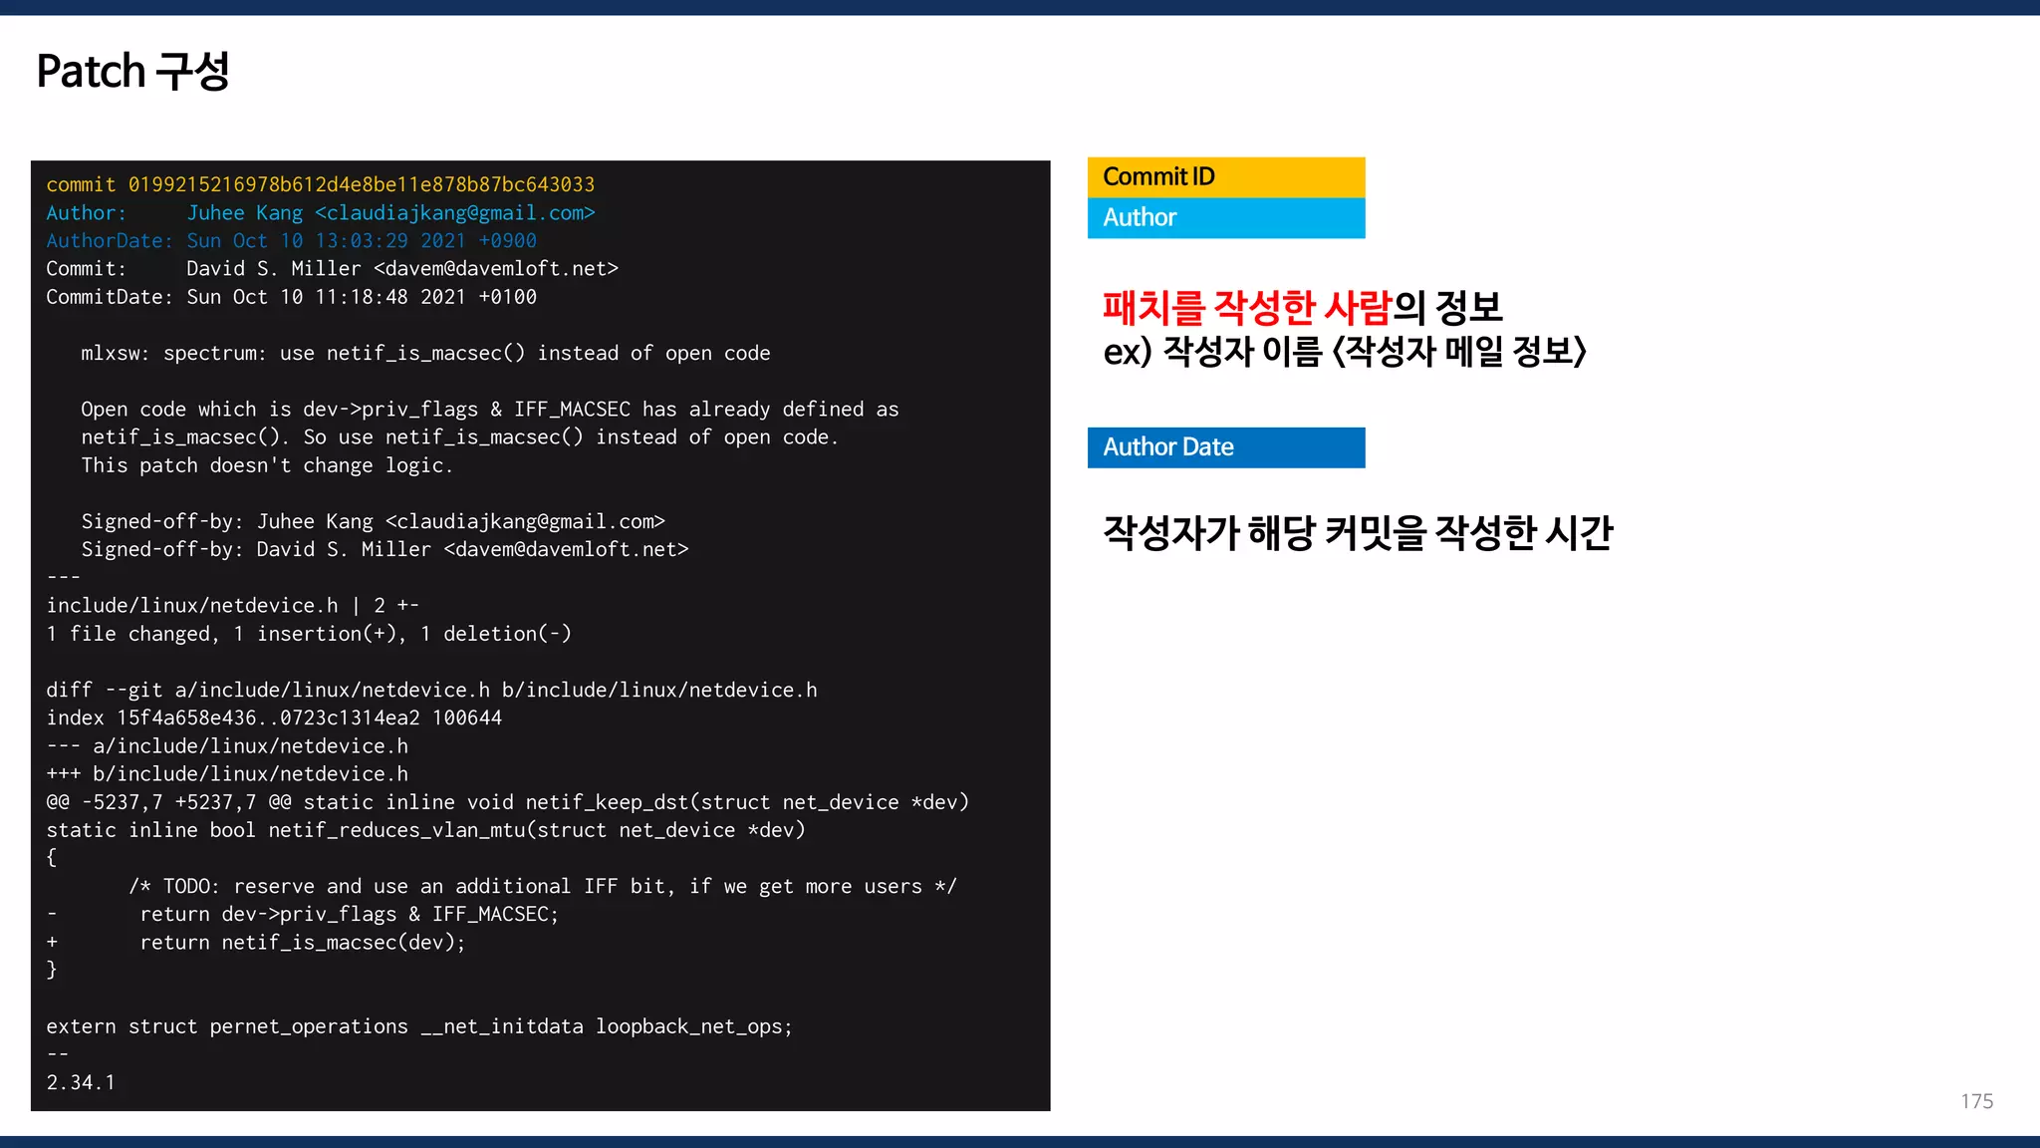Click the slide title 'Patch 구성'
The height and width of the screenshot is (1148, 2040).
click(132, 72)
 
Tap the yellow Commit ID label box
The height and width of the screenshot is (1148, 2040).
click(1225, 177)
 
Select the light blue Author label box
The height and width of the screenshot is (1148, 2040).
click(1225, 218)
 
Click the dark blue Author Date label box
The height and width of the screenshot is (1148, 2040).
click(1225, 447)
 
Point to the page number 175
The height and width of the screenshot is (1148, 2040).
click(1976, 1101)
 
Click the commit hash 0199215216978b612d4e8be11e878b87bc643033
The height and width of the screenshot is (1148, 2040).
click(361, 184)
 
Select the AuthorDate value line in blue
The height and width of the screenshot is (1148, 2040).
click(361, 241)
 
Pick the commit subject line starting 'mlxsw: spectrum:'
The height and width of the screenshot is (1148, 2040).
click(425, 354)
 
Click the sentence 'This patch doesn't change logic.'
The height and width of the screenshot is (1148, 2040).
click(266, 465)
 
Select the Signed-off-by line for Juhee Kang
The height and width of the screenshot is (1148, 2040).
click(373, 522)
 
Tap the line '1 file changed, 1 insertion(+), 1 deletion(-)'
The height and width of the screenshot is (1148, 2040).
click(309, 634)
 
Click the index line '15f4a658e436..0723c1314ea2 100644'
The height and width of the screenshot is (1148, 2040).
click(274, 718)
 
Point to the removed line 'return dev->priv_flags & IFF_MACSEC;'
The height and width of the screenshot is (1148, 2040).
click(349, 915)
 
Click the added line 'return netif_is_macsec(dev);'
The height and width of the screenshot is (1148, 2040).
click(302, 943)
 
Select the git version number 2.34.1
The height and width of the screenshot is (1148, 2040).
click(81, 1083)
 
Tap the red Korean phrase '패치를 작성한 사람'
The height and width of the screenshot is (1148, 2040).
click(1245, 308)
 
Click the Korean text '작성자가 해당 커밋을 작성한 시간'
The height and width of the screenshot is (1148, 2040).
click(1358, 533)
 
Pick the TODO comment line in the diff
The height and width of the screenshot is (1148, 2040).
click(542, 887)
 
